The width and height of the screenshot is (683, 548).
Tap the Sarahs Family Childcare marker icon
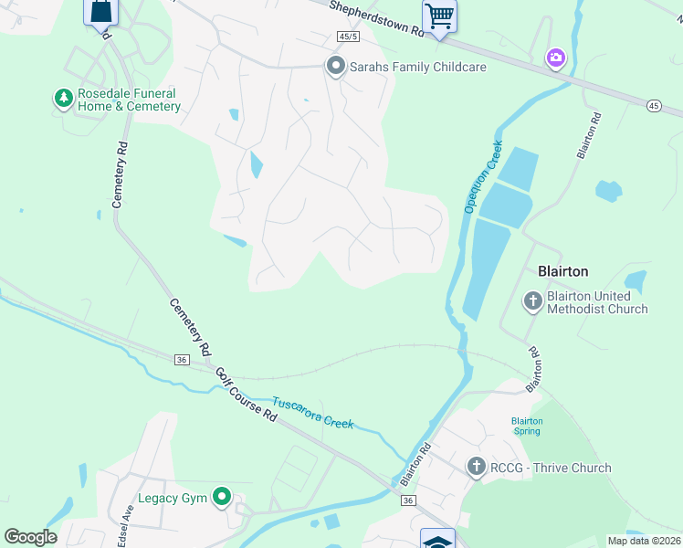click(335, 66)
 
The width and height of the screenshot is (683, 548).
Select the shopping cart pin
click(439, 16)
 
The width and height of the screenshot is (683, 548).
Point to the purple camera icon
click(555, 59)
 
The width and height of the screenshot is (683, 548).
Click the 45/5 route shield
click(345, 37)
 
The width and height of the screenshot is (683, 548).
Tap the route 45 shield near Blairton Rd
click(654, 105)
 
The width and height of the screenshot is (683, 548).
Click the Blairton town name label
click(562, 271)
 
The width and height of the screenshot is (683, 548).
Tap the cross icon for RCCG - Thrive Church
click(475, 467)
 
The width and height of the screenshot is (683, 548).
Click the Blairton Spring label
click(527, 426)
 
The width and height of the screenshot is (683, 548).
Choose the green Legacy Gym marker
click(221, 498)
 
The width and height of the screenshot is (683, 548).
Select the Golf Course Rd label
click(246, 394)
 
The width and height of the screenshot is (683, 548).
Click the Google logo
click(30, 536)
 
